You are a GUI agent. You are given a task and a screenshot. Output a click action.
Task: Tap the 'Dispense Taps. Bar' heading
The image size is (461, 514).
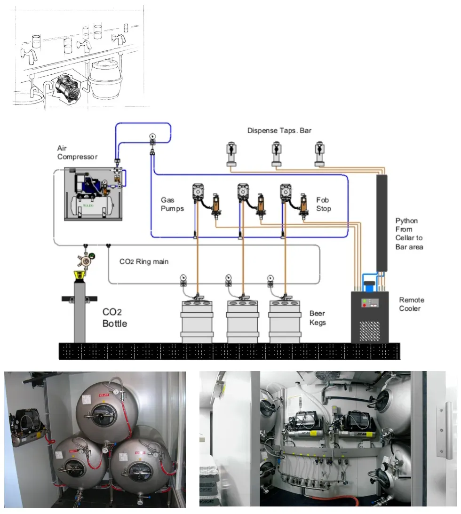pyautogui.click(x=279, y=130)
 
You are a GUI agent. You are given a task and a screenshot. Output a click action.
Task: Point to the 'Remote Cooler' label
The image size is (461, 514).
pyautogui.click(x=412, y=304)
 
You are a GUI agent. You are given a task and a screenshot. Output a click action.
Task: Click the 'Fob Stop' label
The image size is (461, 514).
pyautogui.click(x=324, y=204)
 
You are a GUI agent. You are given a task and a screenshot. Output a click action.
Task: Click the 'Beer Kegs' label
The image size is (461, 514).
pyautogui.click(x=318, y=318)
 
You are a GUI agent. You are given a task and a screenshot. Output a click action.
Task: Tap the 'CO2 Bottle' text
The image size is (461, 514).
pyautogui.click(x=115, y=317)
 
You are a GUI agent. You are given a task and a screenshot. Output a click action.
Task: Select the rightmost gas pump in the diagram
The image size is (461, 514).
pyautogui.click(x=286, y=191)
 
